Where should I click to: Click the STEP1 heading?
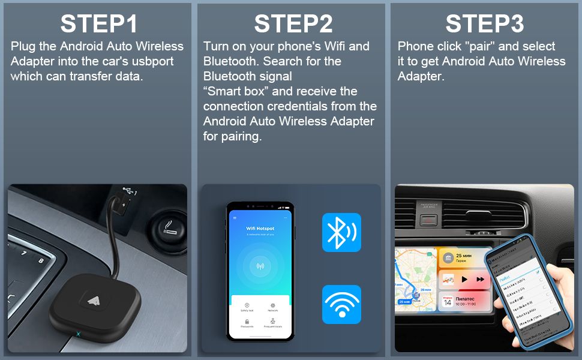99,23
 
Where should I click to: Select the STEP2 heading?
293,23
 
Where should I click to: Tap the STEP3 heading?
484,23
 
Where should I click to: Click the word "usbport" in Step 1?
160,61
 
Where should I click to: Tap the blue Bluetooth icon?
341,232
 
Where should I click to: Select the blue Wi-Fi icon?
341,304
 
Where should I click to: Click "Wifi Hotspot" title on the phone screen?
260,229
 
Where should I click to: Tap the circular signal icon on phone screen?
260,266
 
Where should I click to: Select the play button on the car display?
465,279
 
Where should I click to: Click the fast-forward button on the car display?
481,279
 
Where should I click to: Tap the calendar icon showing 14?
448,301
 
